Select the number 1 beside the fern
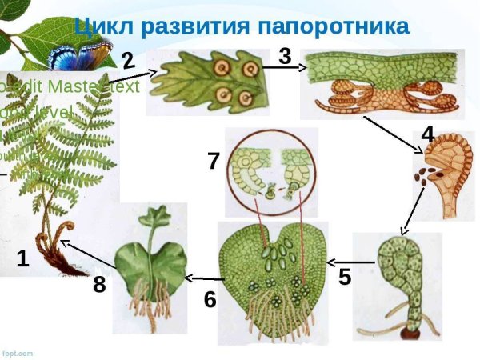pyautogui.click(x=23, y=258)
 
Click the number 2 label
pyautogui.click(x=128, y=59)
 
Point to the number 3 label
pyautogui.click(x=286, y=56)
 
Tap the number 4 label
pyautogui.click(x=428, y=134)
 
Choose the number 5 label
pyautogui.click(x=345, y=278)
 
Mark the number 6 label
pyautogui.click(x=210, y=299)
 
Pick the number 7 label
pyautogui.click(x=214, y=161)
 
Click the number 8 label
pyautogui.click(x=99, y=284)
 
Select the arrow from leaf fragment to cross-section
pyautogui.click(x=283, y=69)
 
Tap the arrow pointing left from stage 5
pyautogui.click(x=353, y=261)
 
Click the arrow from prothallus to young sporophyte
pyautogui.click(x=201, y=277)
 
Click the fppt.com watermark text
pyautogui.click(x=18, y=353)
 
